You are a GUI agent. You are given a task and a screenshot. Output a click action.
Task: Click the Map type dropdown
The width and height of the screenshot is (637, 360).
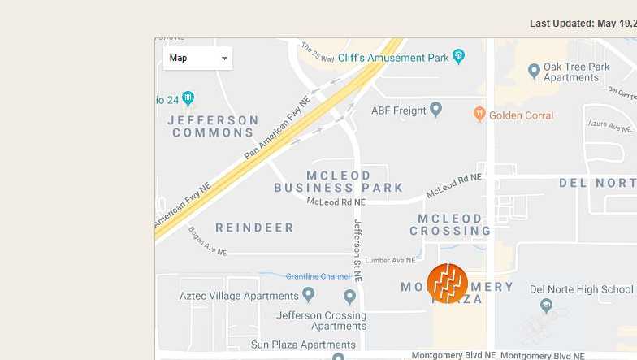point(197,59)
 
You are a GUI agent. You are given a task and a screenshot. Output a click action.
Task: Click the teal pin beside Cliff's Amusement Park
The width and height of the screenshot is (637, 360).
point(459,56)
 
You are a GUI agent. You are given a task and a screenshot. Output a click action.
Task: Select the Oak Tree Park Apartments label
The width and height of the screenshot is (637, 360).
point(576,72)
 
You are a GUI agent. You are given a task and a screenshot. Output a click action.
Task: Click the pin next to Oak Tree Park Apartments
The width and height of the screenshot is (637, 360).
point(534,72)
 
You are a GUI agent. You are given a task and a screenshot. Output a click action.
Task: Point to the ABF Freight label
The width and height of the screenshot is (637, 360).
point(398,111)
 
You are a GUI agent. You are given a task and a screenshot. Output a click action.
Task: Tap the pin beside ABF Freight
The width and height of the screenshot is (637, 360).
point(435,109)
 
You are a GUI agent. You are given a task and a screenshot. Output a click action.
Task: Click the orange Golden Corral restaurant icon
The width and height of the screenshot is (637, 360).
point(479,115)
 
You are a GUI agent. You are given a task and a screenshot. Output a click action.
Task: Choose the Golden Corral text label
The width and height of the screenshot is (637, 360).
point(521,115)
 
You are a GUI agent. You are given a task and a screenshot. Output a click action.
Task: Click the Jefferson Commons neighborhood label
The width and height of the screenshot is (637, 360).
point(214,126)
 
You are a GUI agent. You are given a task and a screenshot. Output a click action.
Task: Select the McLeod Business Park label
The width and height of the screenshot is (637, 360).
point(339,181)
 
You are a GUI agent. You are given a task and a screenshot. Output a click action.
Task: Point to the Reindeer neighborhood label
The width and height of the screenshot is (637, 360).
point(254,228)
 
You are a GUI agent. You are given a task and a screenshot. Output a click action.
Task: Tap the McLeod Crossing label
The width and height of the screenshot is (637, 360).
point(450,225)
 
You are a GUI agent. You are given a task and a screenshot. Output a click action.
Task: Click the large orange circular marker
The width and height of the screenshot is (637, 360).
point(447,284)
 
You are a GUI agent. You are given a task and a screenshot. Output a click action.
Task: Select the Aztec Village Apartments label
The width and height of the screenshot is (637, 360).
point(239,296)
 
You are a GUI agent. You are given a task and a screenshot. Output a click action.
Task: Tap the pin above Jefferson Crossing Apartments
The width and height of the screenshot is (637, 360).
point(349,297)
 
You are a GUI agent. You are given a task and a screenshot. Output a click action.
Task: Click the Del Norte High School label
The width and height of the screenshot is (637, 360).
point(581,288)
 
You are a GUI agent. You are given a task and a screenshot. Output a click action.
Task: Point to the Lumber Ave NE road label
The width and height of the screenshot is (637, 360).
point(390,260)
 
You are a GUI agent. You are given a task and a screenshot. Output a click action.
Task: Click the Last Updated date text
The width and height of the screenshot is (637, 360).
point(583,24)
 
